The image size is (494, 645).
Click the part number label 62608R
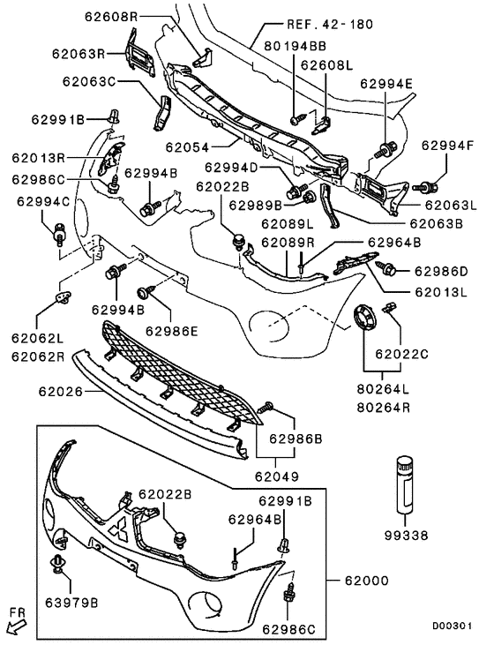[x=111, y=17]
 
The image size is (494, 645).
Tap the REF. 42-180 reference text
[x=330, y=25]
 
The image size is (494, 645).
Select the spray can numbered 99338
[x=405, y=484]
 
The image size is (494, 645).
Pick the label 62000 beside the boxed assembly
[x=366, y=581]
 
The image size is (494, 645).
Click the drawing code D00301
[x=452, y=626]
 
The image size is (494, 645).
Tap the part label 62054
[x=188, y=146]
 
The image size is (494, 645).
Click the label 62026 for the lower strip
[x=61, y=391]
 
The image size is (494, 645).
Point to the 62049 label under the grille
[x=277, y=476]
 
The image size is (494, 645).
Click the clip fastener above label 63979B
[x=58, y=564]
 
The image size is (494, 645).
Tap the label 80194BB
[x=295, y=45]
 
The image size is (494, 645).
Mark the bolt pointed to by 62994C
[x=60, y=232]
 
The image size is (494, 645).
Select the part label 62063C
[x=89, y=81]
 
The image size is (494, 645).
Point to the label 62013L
[x=441, y=292]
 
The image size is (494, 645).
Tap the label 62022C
[x=402, y=354]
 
